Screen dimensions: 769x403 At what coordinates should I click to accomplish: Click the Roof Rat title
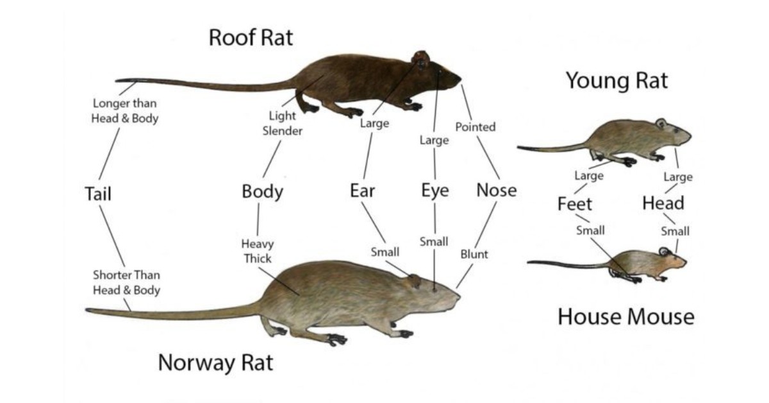251,37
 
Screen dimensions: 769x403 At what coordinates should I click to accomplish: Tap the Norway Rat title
215,363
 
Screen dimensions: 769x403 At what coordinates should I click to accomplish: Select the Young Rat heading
617,81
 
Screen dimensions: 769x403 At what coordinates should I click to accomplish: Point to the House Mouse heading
626,317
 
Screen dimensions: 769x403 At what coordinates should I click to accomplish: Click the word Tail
98,194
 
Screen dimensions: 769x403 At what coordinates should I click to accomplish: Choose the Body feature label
263,191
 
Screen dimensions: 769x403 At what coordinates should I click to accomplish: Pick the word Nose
497,190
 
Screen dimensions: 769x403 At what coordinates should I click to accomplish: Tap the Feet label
575,204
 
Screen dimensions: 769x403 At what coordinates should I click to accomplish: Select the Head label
663,203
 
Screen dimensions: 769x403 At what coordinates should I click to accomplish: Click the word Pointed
475,127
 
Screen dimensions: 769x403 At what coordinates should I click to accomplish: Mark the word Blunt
474,255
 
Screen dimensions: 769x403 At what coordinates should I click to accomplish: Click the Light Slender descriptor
282,123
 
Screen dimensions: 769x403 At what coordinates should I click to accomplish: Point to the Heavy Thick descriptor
258,251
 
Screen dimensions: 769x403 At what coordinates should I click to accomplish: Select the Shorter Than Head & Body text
127,282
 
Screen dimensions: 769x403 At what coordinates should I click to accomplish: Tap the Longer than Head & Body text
124,111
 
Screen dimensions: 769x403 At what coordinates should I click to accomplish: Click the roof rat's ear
421,60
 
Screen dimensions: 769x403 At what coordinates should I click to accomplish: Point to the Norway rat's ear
413,280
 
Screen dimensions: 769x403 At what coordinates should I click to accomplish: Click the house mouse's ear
664,252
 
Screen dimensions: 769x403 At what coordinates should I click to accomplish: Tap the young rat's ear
661,123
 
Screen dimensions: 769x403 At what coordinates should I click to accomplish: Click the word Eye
435,191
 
